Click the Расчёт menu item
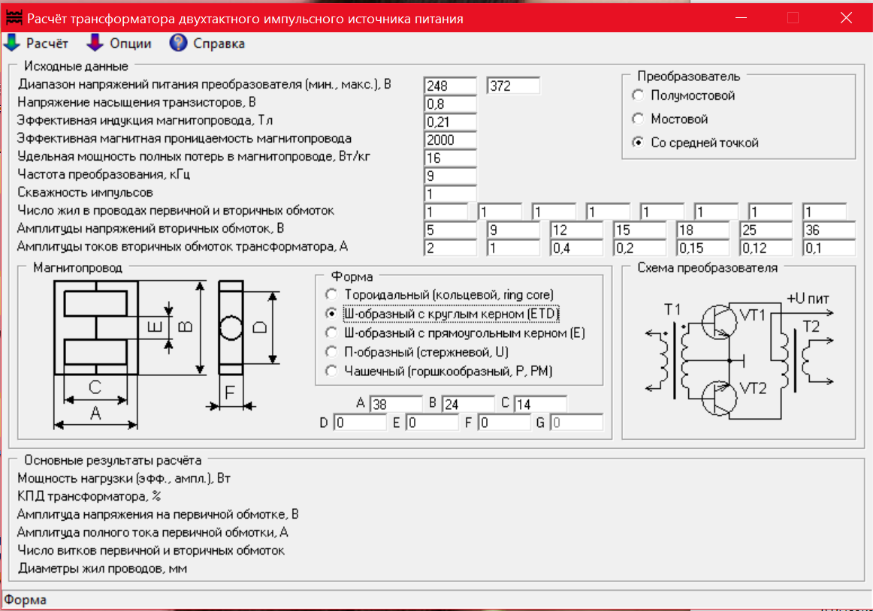(x=38, y=44)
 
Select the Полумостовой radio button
(x=639, y=95)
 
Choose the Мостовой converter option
(x=639, y=119)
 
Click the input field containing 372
(x=513, y=86)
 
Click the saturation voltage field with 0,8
(x=450, y=104)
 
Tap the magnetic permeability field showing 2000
(x=450, y=140)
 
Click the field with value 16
(x=450, y=158)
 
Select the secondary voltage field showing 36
(x=829, y=230)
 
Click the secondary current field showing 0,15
(x=702, y=248)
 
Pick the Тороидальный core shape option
(x=331, y=294)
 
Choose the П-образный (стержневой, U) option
(x=331, y=351)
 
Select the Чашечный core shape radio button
(x=331, y=370)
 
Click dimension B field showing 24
(x=467, y=405)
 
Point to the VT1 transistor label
(x=753, y=315)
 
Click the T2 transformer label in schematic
(x=811, y=327)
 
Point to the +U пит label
(x=808, y=299)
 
